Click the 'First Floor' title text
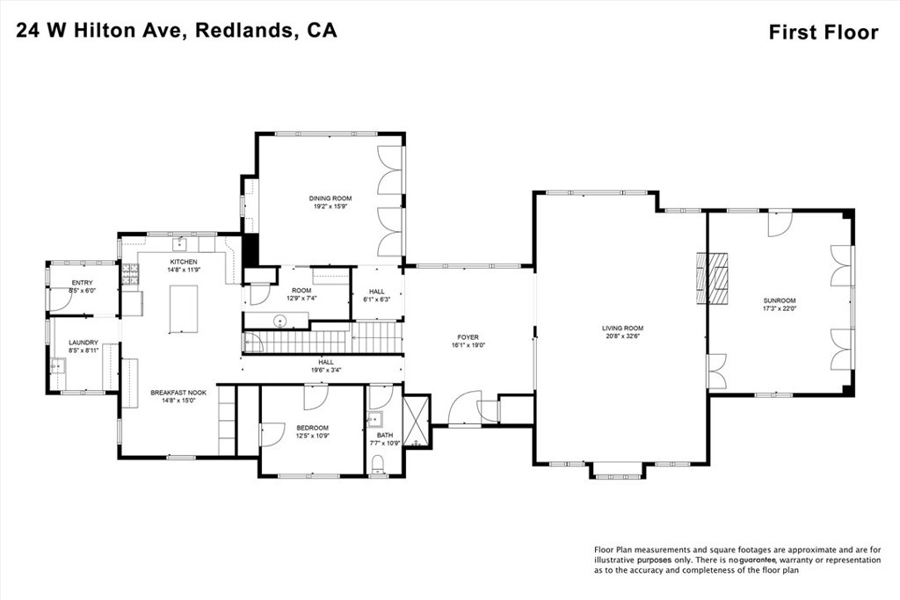click(823, 33)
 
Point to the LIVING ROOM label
click(623, 328)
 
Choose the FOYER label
click(468, 336)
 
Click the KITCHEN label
click(184, 262)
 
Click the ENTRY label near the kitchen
click(82, 282)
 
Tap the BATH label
click(384, 434)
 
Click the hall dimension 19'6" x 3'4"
click(326, 370)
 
